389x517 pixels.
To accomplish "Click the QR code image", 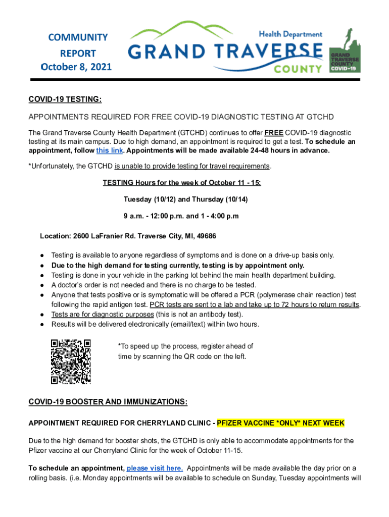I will tap(71, 361).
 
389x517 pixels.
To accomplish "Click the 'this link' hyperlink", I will tap(109, 150).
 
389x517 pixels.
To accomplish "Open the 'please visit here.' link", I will tap(155, 468).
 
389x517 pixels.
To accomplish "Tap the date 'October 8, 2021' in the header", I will tap(77, 67).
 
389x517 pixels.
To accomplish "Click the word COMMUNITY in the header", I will tap(78, 37).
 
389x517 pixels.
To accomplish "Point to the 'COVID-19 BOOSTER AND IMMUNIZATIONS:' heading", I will tap(108, 402).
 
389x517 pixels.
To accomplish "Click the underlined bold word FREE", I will tap(272, 132).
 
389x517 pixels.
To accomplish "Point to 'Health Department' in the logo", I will tap(290, 34).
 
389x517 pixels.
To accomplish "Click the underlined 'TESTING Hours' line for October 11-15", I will tap(182, 183).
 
